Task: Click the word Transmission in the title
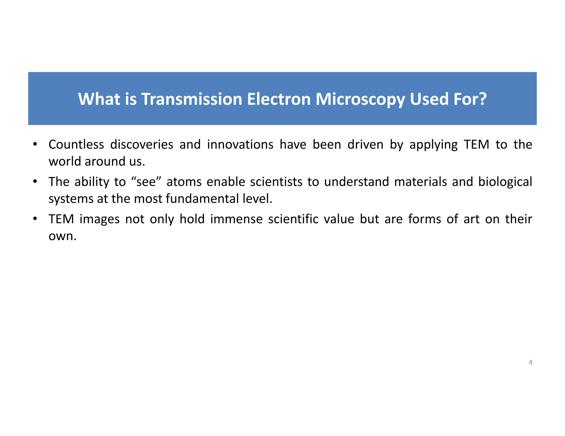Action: pyautogui.click(x=192, y=99)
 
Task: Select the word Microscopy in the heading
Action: pyautogui.click(x=360, y=99)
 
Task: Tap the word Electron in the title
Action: pyautogui.click(x=279, y=99)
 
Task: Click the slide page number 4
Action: pyautogui.click(x=530, y=362)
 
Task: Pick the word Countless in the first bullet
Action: pyautogui.click(x=76, y=144)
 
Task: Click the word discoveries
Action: pyautogui.click(x=142, y=144)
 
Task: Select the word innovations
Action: pyautogui.click(x=240, y=144)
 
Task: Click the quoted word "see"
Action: pyautogui.click(x=146, y=182)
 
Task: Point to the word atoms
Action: pyautogui.click(x=184, y=182)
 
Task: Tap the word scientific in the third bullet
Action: pyautogui.click(x=293, y=219)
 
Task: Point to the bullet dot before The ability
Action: pyautogui.click(x=35, y=182)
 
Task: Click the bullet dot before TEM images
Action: pyautogui.click(x=35, y=219)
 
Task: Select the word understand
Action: pyautogui.click(x=356, y=182)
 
